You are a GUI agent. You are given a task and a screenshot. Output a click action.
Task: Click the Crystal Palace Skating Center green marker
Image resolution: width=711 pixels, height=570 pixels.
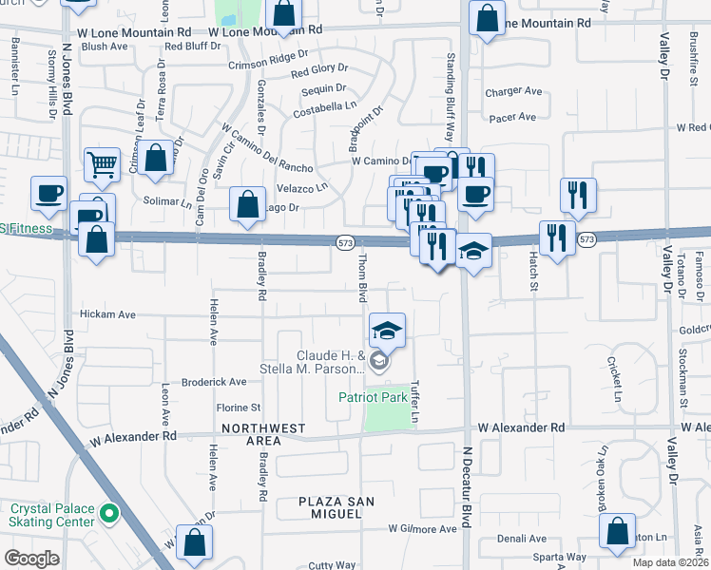click(109, 515)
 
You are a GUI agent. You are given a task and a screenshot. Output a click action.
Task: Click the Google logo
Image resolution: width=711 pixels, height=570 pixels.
click(31, 559)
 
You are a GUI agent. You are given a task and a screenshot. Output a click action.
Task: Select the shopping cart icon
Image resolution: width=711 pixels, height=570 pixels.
click(102, 164)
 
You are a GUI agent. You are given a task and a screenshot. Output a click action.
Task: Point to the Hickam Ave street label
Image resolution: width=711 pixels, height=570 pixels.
click(108, 313)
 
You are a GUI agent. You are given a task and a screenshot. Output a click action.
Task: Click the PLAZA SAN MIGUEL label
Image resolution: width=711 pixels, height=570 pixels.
click(330, 506)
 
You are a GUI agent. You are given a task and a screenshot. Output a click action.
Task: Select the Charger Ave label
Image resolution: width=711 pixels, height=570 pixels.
click(513, 92)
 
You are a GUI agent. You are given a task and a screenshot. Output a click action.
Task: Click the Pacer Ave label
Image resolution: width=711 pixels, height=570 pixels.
click(513, 118)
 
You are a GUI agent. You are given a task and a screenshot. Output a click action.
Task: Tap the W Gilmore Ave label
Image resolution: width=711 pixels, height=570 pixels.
click(422, 529)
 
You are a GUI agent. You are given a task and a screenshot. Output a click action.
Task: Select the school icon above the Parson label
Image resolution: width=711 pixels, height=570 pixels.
click(387, 331)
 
